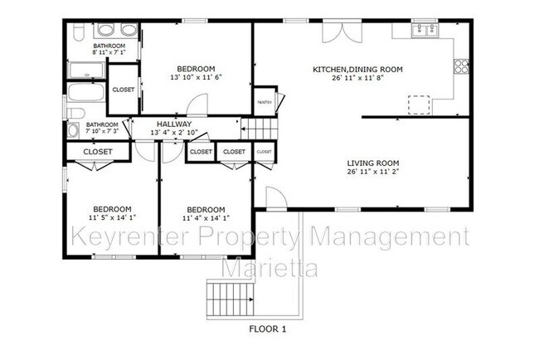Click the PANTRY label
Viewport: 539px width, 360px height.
(x=264, y=102)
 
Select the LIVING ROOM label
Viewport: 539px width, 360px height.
(x=373, y=163)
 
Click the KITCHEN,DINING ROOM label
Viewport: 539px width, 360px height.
(x=357, y=70)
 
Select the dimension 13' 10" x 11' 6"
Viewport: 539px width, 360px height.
(x=196, y=78)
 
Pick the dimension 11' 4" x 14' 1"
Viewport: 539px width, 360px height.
(x=205, y=219)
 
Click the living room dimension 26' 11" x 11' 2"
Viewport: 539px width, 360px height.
(x=373, y=173)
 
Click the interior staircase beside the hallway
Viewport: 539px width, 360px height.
(x=260, y=129)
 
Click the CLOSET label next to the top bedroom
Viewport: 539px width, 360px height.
(x=124, y=90)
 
